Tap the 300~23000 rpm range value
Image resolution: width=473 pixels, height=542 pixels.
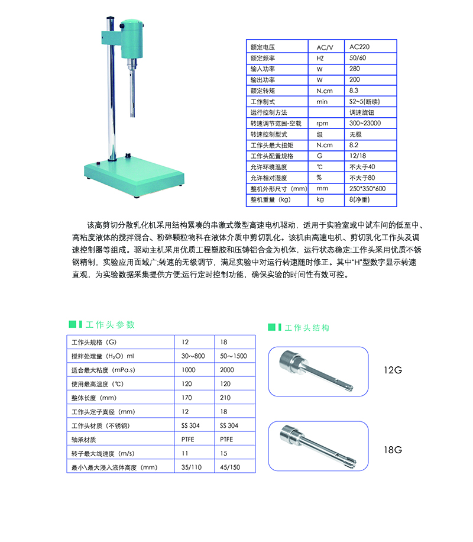click(x=365, y=123)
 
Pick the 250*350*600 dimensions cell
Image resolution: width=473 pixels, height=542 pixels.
click(x=368, y=188)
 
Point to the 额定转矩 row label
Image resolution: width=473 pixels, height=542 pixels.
click(x=263, y=91)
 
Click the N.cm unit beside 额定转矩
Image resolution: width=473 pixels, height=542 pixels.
click(x=325, y=91)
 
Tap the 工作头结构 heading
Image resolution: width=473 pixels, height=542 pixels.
click(x=307, y=328)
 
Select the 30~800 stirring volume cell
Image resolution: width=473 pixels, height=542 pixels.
click(x=193, y=356)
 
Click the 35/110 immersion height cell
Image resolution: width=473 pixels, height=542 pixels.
click(x=193, y=467)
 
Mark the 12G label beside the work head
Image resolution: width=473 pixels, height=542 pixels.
click(x=392, y=371)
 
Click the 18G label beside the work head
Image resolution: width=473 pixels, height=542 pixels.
click(x=392, y=450)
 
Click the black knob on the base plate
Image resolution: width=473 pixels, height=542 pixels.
click(x=129, y=155)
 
